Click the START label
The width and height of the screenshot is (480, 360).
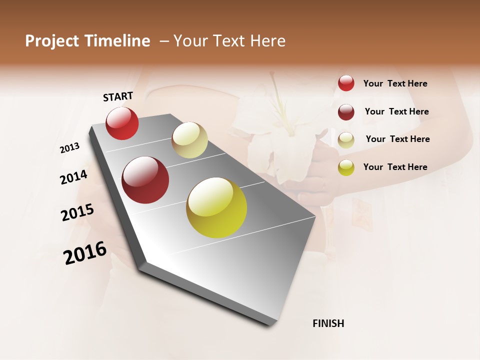118,96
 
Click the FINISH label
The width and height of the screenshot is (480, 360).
328,323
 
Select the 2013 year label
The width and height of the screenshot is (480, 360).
70,147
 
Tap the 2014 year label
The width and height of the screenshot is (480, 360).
73,177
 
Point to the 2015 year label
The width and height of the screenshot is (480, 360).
77,212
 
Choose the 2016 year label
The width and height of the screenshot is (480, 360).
85,253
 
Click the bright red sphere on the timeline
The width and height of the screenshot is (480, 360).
122,123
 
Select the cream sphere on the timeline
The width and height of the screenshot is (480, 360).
189,140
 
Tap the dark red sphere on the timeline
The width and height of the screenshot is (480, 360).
145,180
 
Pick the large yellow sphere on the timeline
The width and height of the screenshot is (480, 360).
216,207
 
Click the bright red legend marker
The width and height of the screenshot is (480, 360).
346,83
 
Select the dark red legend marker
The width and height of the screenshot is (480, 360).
346,112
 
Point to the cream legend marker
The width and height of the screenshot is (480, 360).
346,139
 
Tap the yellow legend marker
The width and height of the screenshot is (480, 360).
346,167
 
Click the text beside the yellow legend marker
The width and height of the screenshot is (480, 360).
395,167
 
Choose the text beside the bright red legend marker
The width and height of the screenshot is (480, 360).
395,83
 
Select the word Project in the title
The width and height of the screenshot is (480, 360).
52,41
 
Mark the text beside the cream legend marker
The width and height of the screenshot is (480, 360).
397,139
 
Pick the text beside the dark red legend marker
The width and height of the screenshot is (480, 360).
396,111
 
